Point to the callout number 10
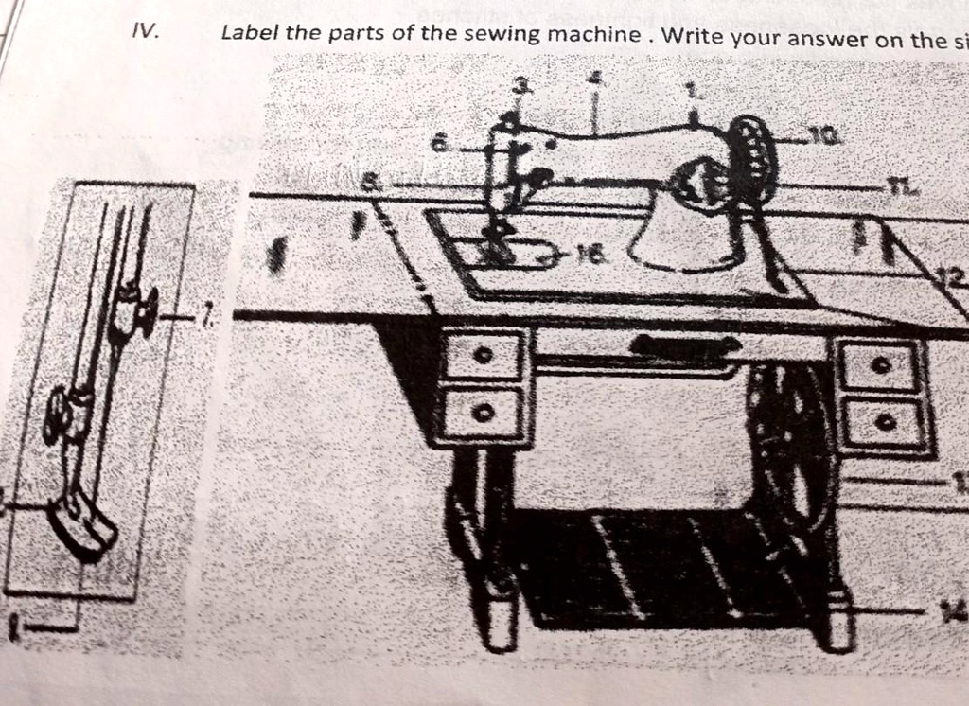tap(829, 138)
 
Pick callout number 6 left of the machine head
tap(438, 144)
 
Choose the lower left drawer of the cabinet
tap(484, 412)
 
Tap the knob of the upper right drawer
tap(881, 364)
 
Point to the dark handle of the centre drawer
tap(685, 345)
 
